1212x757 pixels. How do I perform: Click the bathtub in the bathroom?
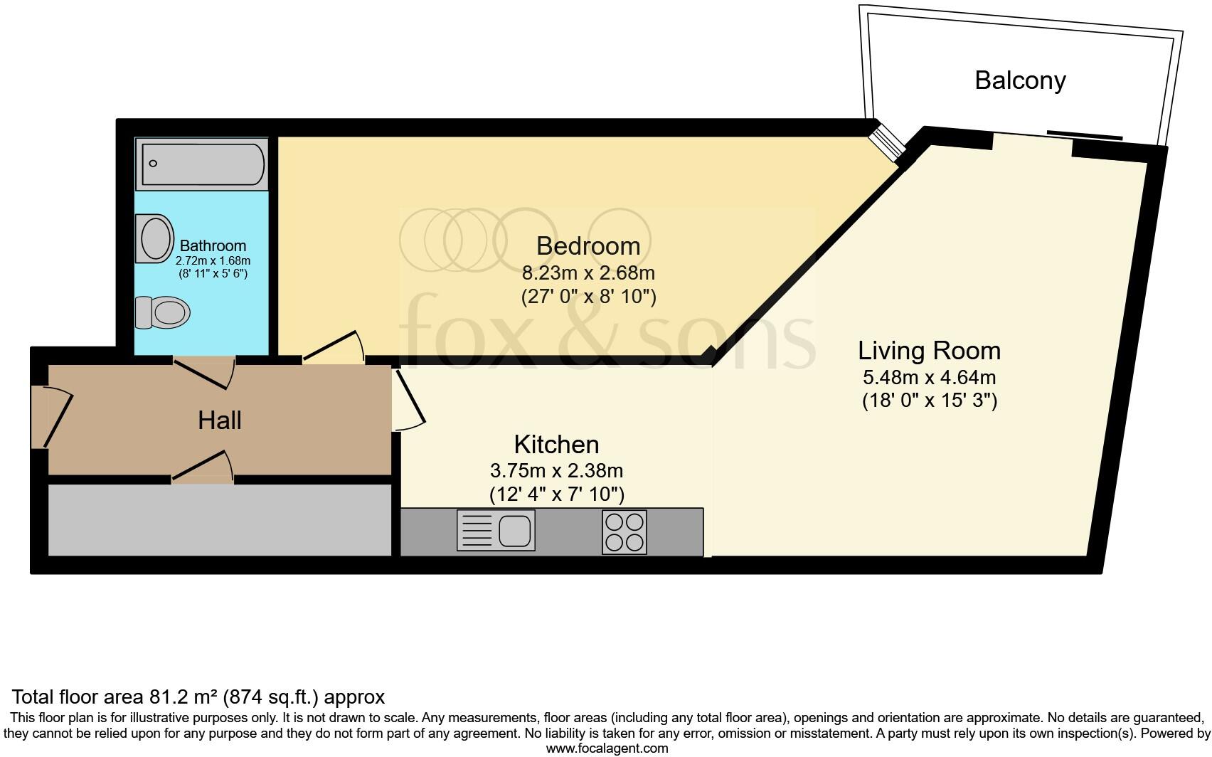[202, 164]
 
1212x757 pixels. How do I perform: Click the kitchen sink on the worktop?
[496, 531]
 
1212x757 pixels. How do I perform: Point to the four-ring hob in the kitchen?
[624, 532]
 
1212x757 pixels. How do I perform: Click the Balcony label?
[1019, 80]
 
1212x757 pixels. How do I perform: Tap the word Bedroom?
[588, 246]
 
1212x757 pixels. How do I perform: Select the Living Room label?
[929, 351]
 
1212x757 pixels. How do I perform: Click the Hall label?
[220, 420]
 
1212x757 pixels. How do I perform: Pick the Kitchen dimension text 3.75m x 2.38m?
[556, 470]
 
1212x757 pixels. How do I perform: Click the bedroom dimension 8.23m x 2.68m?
[588, 273]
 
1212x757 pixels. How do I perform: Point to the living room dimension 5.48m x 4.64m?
[929, 378]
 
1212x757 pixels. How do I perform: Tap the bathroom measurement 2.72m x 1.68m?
[213, 261]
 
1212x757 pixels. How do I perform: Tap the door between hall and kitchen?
[408, 400]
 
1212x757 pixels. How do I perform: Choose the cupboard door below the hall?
[203, 468]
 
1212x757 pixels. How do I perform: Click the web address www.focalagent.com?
[607, 748]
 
